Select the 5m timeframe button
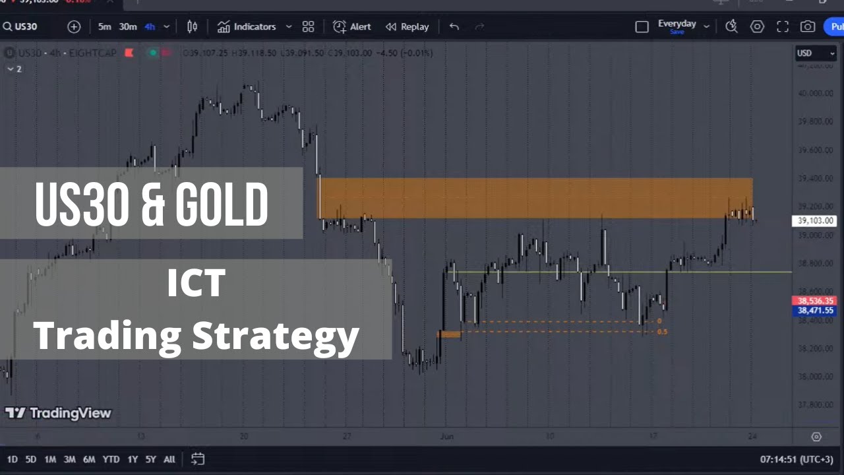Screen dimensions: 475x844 105,27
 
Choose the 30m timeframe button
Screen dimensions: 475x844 128,27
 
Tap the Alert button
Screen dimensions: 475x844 352,27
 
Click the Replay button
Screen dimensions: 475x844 407,27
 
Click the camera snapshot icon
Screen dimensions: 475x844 808,27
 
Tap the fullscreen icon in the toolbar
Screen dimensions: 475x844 783,27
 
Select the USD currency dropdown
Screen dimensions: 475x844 815,53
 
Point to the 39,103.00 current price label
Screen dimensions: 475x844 814,221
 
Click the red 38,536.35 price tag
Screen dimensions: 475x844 815,301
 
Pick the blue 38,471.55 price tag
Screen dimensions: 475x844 815,310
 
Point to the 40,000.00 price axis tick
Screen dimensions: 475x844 815,93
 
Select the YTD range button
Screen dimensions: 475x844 111,459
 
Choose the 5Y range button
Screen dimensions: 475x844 150,459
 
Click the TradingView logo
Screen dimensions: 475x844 58,413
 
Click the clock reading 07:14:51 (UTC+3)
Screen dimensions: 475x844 796,459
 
